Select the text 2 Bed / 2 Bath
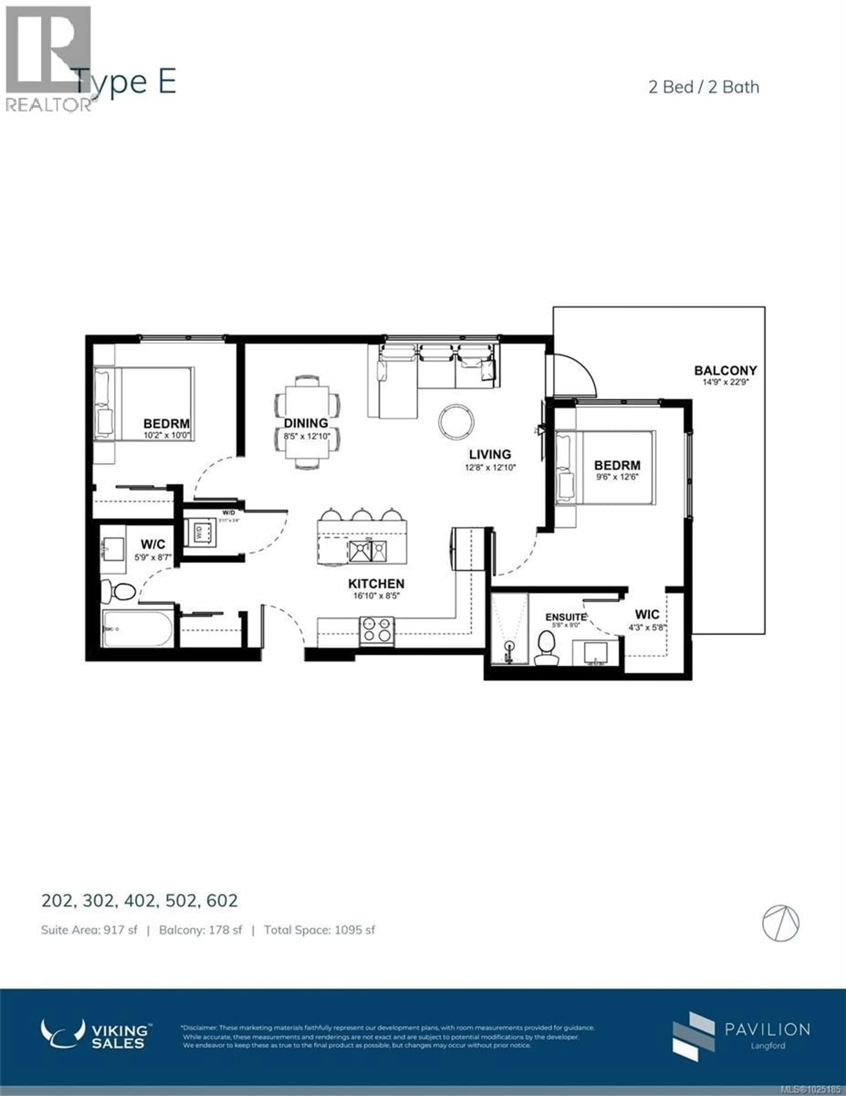point(704,87)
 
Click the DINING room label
point(306,423)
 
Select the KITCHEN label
point(376,584)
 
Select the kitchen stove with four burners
point(377,630)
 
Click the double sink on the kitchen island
point(367,551)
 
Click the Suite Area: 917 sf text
point(89,930)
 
